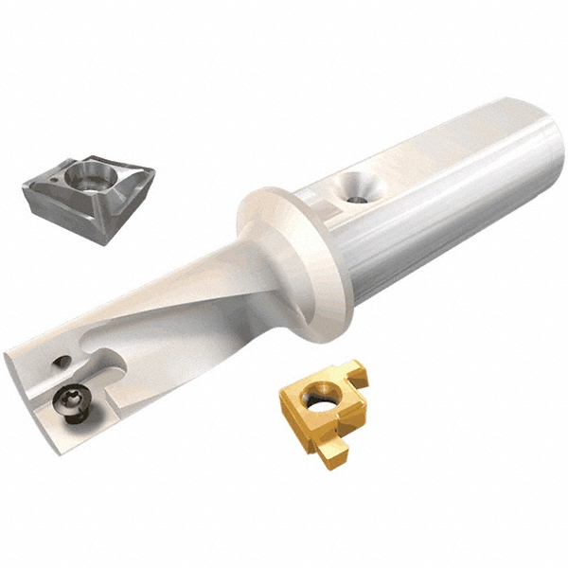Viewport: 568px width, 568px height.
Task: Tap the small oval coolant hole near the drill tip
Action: (x=62, y=360)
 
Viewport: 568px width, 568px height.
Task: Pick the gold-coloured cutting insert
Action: (x=322, y=407)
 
